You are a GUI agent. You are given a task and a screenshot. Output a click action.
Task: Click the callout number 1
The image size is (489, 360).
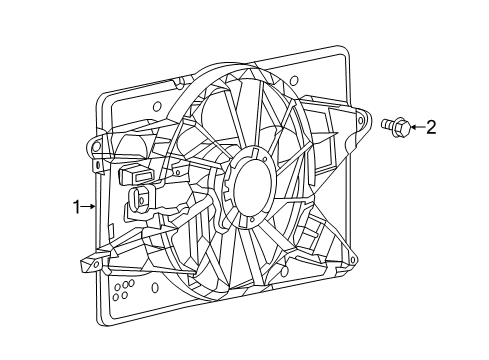click(75, 207)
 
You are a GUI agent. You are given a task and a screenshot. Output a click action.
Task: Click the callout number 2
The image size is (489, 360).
click(431, 127)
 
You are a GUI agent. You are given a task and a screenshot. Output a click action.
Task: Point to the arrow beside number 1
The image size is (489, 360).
click(89, 207)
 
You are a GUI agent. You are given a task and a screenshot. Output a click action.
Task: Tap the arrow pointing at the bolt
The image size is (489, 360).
click(415, 127)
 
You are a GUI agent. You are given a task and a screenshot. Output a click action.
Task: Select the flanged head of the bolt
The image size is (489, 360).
click(400, 126)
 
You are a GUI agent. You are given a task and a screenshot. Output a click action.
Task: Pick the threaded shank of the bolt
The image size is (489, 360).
click(387, 126)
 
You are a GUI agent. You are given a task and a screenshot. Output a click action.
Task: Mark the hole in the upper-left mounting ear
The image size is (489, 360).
click(98, 148)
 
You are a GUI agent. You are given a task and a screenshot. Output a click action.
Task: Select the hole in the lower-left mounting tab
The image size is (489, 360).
click(90, 266)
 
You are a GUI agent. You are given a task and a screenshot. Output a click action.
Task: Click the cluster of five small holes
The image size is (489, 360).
click(122, 291)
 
